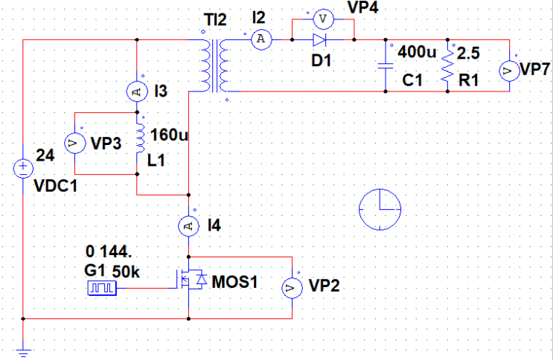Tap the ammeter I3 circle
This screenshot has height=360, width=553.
(x=137, y=91)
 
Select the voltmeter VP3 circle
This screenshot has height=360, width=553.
(x=75, y=144)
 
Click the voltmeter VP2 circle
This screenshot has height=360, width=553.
(x=292, y=286)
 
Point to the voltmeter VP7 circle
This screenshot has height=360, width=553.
(x=509, y=71)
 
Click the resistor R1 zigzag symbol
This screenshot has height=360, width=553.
(x=447, y=65)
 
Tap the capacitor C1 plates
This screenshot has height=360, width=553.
(x=386, y=65)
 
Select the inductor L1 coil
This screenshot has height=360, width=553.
(x=139, y=143)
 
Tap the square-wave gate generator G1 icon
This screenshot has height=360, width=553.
(x=98, y=287)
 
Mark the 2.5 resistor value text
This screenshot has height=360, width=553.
(x=469, y=54)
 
